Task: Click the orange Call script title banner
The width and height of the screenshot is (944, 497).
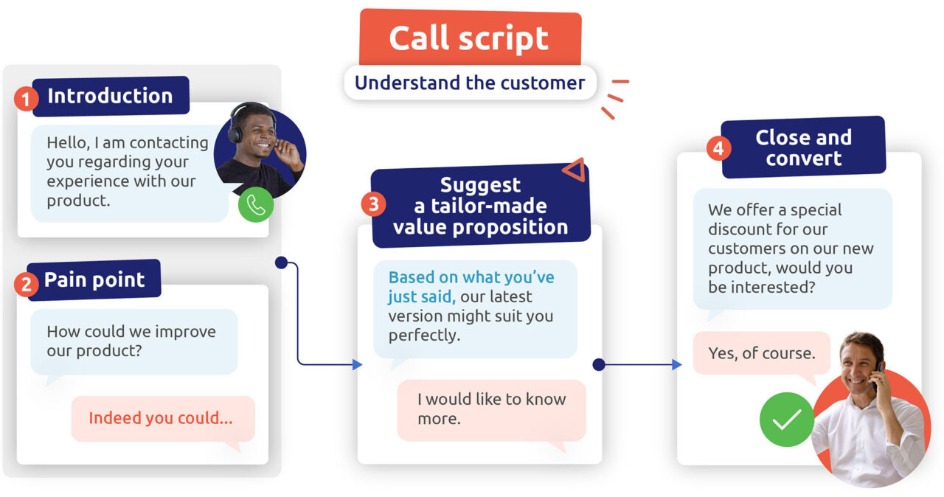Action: tap(470, 38)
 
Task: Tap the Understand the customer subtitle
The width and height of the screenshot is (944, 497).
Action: tap(470, 83)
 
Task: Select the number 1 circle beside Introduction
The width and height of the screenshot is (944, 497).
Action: tap(26, 98)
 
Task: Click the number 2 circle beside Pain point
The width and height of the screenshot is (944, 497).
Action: tap(26, 284)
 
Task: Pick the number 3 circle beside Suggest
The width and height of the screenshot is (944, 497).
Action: tap(373, 204)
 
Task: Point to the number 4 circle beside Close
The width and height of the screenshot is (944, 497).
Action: tap(718, 148)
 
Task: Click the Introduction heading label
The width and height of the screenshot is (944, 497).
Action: tap(111, 96)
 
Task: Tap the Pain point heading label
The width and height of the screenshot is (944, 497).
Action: tap(94, 280)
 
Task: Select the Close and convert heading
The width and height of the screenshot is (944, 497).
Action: tap(803, 147)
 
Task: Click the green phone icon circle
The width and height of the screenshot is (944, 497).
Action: tap(256, 205)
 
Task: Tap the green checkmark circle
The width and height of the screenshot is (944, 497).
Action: tap(786, 420)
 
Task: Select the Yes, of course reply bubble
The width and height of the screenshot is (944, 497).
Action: tap(761, 353)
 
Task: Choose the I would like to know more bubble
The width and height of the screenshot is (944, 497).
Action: tap(491, 409)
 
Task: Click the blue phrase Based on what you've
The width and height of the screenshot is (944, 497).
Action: tap(471, 278)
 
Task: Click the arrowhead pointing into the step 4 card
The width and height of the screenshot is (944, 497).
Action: tap(676, 364)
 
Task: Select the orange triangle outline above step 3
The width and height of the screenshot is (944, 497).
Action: tap(575, 170)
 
